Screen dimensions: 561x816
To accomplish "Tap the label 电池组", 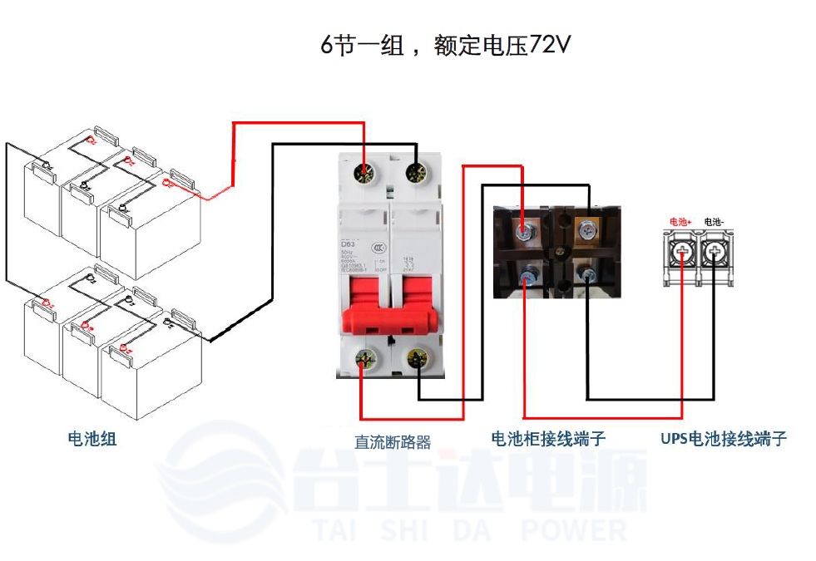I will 92,438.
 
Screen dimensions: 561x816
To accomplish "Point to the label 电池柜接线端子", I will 548,439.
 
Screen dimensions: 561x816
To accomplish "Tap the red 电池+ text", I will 681,222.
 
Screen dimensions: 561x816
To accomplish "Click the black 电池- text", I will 715,222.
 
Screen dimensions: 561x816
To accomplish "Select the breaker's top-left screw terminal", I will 365,174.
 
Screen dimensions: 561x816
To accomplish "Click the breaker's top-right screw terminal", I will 416,174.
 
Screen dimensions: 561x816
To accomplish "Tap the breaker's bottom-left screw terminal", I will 365,361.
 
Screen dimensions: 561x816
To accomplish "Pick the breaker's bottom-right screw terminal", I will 416,361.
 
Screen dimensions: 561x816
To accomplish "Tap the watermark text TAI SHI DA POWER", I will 470,529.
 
